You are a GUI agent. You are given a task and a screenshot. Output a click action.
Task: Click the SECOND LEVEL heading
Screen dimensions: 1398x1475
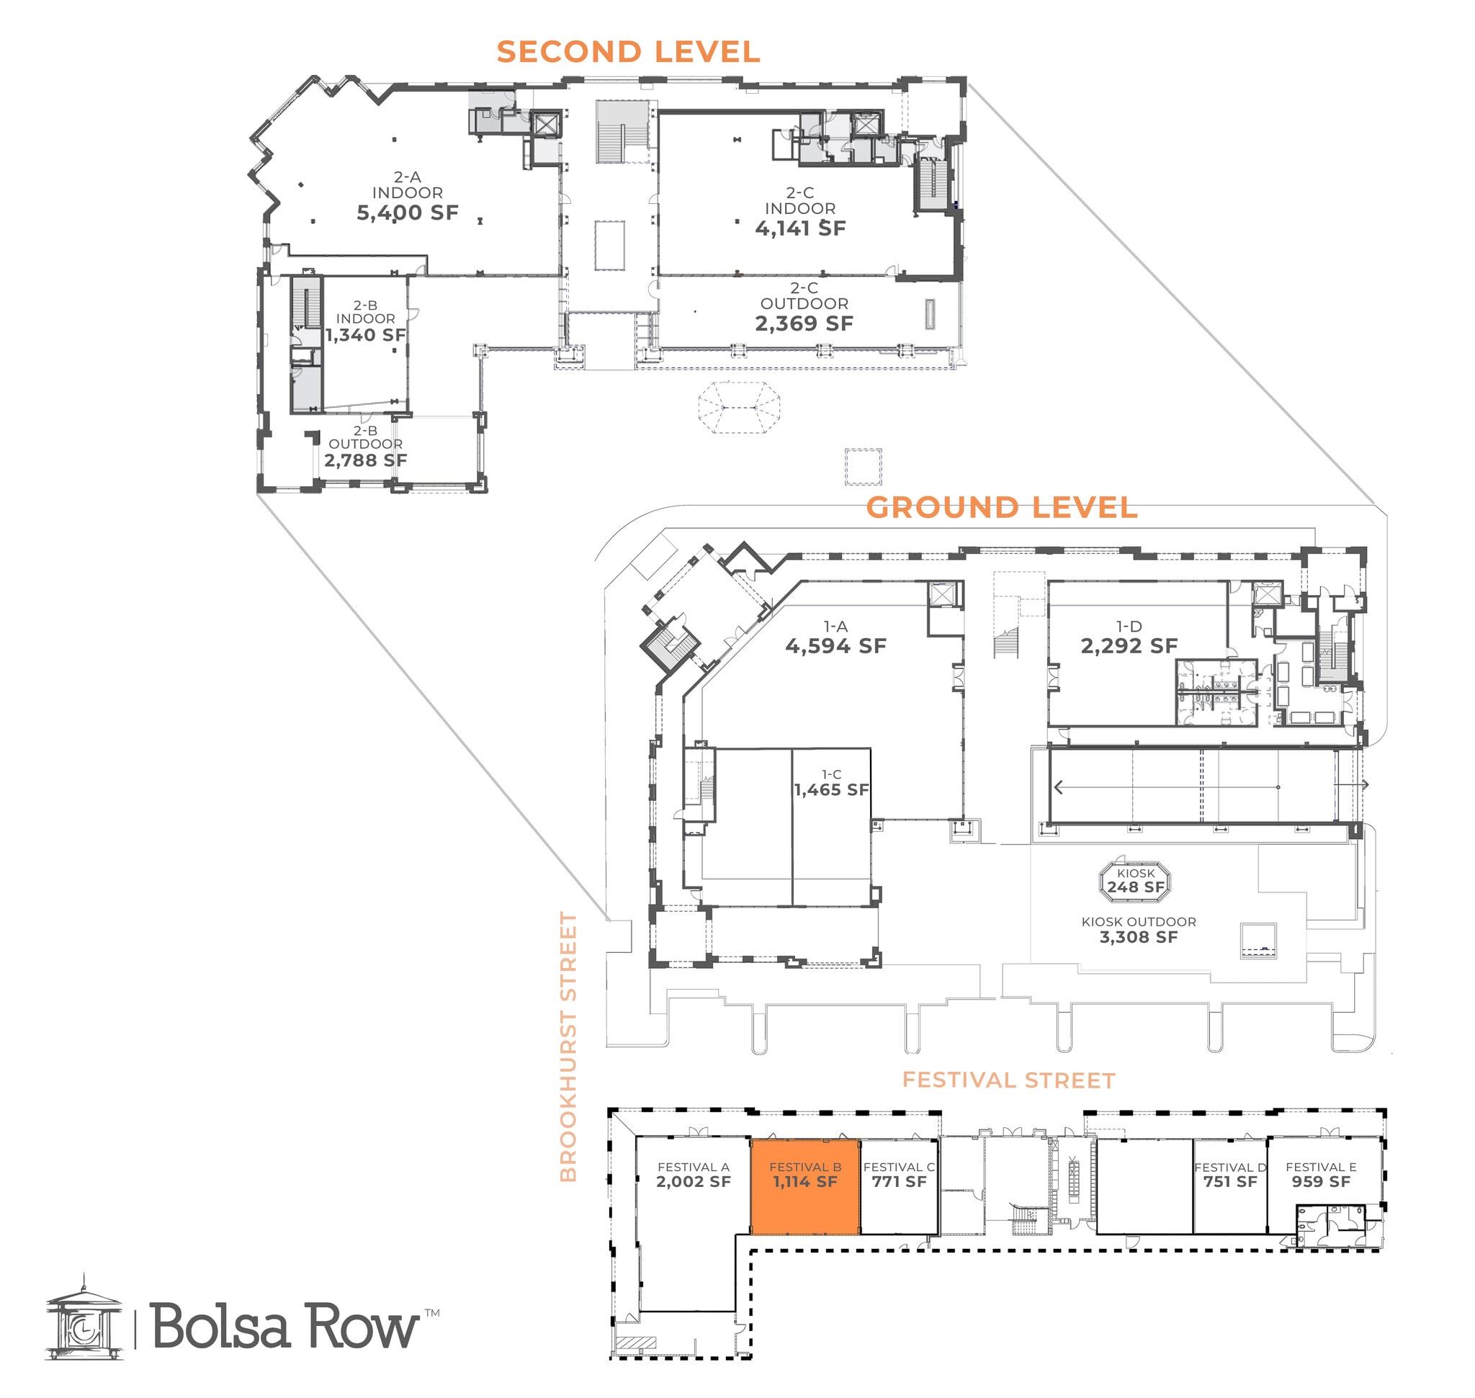click(x=627, y=52)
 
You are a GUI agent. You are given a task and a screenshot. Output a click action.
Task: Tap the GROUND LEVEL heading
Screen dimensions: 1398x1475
click(x=1001, y=508)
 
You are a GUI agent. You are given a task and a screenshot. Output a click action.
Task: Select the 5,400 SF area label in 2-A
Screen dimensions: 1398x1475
click(x=407, y=213)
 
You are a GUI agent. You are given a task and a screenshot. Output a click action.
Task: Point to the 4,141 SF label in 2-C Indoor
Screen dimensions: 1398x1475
click(x=799, y=229)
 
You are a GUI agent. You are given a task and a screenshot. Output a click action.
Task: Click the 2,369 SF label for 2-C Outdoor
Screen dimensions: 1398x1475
click(x=804, y=323)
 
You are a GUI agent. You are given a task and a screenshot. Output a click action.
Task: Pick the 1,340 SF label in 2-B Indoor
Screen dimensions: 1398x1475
click(x=365, y=336)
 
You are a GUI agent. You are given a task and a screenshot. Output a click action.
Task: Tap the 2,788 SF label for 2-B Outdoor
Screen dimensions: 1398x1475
click(x=365, y=460)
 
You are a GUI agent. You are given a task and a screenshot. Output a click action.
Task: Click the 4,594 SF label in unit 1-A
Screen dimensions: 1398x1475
click(x=835, y=646)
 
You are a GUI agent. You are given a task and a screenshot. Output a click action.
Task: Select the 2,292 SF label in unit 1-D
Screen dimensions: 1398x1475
click(x=1129, y=646)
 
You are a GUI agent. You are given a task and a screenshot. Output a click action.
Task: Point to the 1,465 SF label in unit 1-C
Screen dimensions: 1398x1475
click(x=831, y=790)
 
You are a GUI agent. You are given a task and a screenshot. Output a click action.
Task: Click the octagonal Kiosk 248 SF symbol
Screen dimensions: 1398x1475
click(x=1134, y=881)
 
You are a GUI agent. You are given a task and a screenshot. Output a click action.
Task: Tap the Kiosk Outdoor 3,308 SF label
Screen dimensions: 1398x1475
click(x=1138, y=937)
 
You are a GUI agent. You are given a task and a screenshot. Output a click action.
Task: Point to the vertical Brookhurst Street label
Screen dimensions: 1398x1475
click(x=569, y=1047)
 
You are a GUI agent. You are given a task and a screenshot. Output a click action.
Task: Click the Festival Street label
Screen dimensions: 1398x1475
click(x=1008, y=1080)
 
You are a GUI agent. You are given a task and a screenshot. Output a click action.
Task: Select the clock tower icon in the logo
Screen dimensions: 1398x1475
click(x=84, y=1324)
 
